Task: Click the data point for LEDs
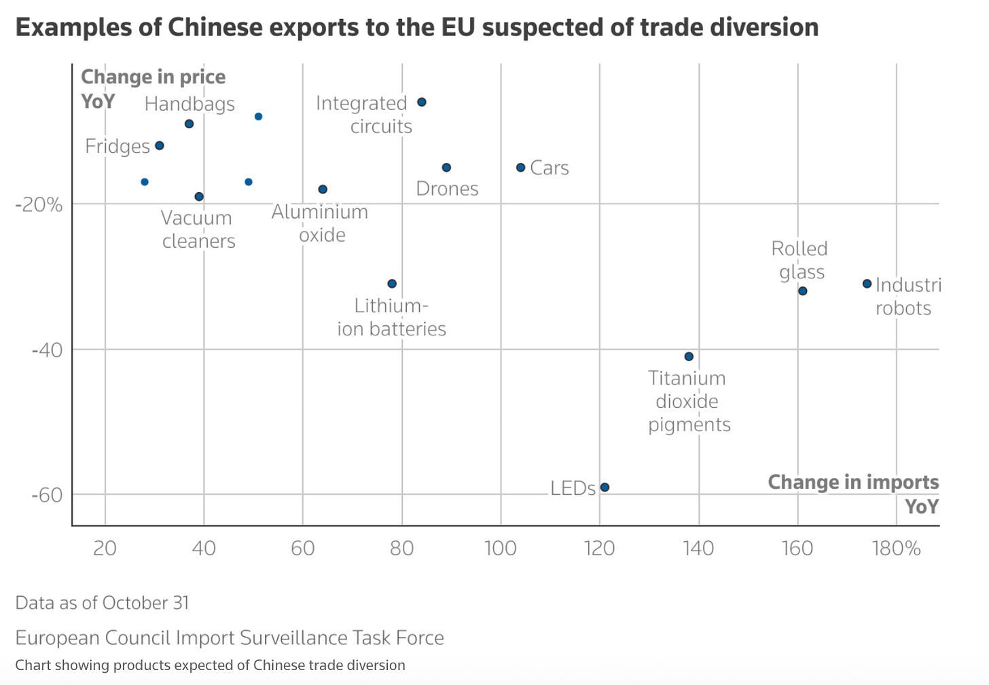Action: (605, 487)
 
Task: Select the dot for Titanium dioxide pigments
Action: (689, 356)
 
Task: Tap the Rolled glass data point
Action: (802, 291)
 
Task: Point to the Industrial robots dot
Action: (867, 284)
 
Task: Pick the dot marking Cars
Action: (520, 168)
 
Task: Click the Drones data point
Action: (446, 168)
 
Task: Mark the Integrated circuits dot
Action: (421, 102)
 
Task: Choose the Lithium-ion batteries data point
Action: (392, 284)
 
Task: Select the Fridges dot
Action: (160, 146)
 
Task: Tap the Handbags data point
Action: (190, 124)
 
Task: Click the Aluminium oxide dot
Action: (323, 189)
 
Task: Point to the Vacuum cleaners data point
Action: (199, 197)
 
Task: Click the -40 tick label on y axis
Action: (47, 350)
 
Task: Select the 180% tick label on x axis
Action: (896, 548)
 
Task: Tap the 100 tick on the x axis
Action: (501, 548)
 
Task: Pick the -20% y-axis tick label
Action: (39, 204)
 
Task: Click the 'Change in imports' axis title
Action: (853, 482)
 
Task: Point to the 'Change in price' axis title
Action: (153, 77)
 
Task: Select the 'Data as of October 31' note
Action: (102, 603)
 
